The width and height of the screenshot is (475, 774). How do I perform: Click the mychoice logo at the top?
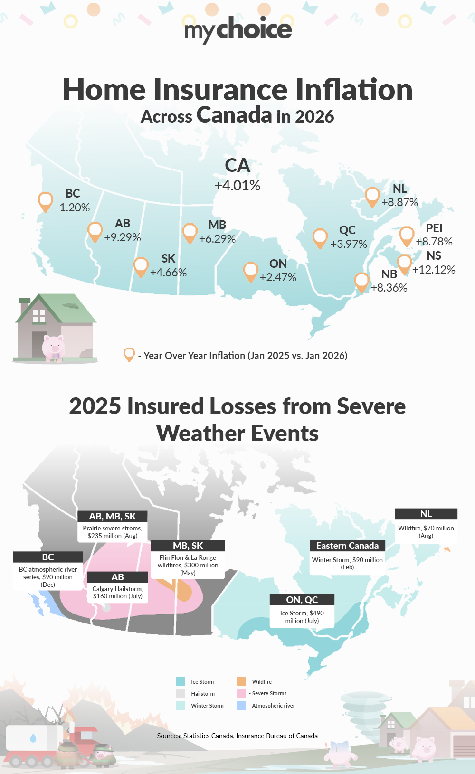pos(238,29)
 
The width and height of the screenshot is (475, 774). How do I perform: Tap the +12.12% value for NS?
pos(434,270)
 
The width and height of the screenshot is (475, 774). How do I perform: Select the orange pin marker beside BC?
pos(45,201)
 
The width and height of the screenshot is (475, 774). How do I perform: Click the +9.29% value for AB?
pos(123,237)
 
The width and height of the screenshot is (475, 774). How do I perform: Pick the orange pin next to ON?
pos(250,271)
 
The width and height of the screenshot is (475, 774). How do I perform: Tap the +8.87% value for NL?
pos(399,202)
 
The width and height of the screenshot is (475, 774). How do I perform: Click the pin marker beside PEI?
pos(407,235)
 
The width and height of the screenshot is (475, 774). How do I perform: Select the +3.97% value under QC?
pos(349,244)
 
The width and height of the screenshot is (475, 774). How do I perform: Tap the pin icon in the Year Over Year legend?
pos(129,354)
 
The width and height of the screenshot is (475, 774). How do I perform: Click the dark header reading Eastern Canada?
pos(347,546)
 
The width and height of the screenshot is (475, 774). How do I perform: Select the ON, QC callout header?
pos(302,600)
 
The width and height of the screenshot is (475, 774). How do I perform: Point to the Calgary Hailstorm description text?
pos(118,593)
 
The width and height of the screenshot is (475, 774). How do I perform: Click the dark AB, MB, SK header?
pos(113,516)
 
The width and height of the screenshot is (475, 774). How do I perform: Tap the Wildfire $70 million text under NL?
pos(426,532)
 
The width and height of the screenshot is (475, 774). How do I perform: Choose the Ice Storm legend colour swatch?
pos(180,682)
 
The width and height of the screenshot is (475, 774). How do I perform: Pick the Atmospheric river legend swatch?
pos(241,706)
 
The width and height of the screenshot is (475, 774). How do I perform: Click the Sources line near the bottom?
pos(237,736)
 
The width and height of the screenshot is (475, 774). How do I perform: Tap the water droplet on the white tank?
pos(33,738)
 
